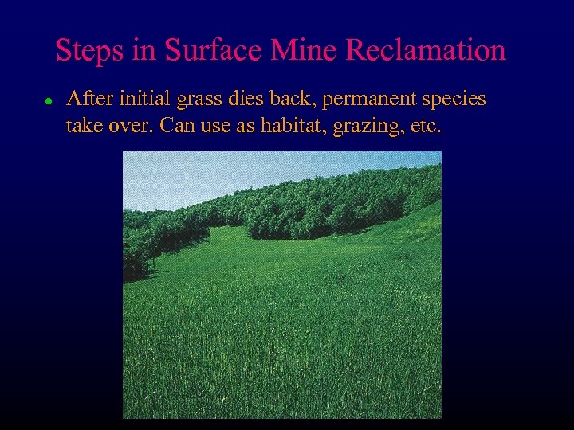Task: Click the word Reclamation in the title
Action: click(427, 50)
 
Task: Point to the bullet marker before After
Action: click(48, 102)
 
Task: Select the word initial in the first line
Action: click(143, 100)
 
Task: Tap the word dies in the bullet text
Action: click(247, 100)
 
